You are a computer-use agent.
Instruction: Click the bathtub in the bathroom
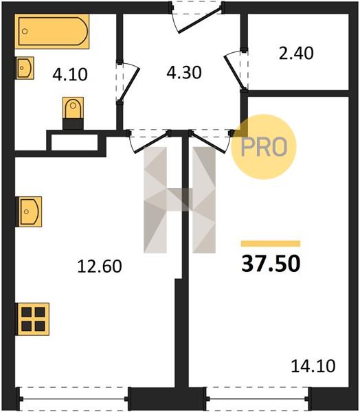click(x=52, y=32)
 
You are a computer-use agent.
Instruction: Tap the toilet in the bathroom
click(x=73, y=113)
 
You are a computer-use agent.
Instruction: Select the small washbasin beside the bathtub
click(x=24, y=68)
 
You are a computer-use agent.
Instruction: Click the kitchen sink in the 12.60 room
click(x=29, y=211)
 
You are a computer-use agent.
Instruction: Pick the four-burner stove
click(x=33, y=319)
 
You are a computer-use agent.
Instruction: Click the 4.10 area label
click(x=70, y=74)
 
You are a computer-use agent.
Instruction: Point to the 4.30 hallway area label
click(x=184, y=73)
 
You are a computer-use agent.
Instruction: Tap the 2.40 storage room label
click(x=296, y=53)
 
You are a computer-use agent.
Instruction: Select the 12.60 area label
click(x=100, y=266)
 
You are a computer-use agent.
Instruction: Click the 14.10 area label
click(x=313, y=366)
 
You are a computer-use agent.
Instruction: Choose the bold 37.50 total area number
click(x=271, y=264)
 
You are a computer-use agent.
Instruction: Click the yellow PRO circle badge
click(x=264, y=147)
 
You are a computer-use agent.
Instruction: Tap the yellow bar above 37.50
click(x=271, y=244)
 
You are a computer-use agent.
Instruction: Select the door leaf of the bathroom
click(x=130, y=85)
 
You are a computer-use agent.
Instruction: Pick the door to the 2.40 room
click(x=235, y=71)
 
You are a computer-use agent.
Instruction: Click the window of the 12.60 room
click(x=74, y=398)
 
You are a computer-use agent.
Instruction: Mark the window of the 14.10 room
click(x=258, y=398)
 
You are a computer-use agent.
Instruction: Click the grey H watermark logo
click(x=179, y=200)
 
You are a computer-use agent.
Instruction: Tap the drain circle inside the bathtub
click(x=25, y=32)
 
